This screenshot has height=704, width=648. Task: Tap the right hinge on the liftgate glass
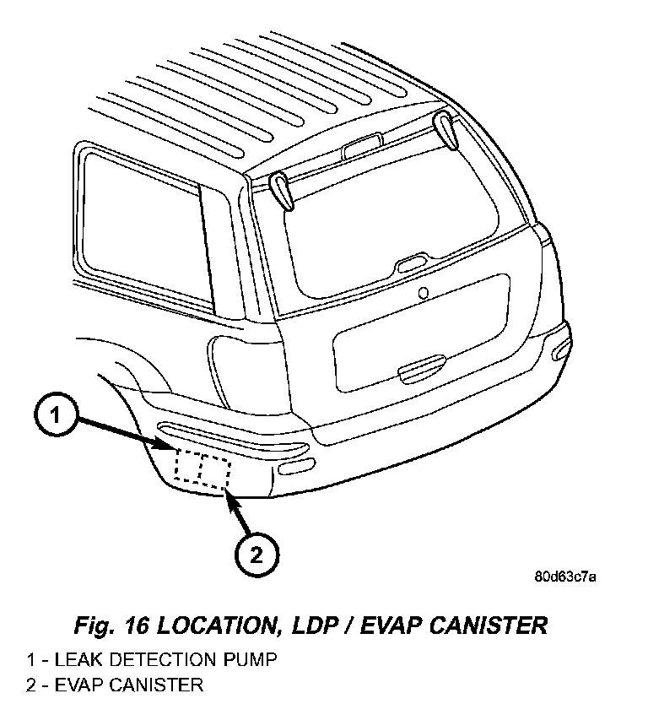(x=447, y=129)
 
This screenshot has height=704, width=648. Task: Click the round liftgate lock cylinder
(x=424, y=293)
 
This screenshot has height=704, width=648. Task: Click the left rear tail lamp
(x=239, y=359)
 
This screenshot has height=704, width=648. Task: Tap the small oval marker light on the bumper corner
(x=297, y=468)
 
